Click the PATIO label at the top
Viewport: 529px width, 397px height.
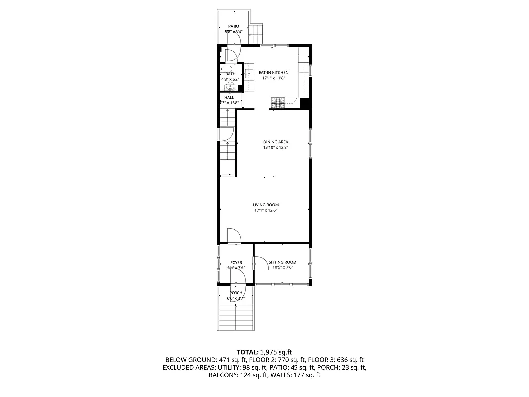tap(234, 26)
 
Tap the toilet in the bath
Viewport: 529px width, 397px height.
tap(226, 69)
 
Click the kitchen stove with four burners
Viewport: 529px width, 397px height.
tap(277, 103)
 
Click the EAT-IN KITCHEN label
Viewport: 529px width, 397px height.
tap(273, 73)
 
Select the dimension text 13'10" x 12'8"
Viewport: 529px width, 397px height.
tap(275, 147)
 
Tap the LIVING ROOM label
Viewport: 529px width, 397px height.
tap(266, 205)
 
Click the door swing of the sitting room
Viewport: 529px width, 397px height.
tap(260, 263)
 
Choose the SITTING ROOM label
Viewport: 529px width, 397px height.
tap(283, 262)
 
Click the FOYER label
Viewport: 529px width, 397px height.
tap(236, 263)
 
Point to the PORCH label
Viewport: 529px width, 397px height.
tap(236, 293)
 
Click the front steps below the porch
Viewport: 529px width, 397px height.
tap(236, 318)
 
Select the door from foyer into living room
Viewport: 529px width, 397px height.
tap(234, 236)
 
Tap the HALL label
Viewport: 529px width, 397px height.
tap(229, 97)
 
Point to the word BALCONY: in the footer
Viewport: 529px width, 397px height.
tap(224, 375)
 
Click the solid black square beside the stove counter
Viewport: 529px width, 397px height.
tap(305, 104)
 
